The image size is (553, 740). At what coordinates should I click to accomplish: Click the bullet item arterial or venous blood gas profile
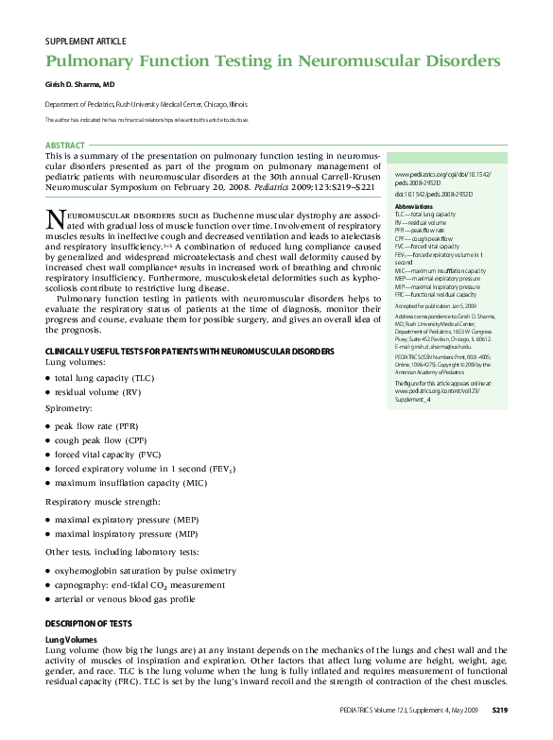tap(125, 598)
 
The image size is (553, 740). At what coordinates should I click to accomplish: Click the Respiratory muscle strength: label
tap(103, 501)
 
